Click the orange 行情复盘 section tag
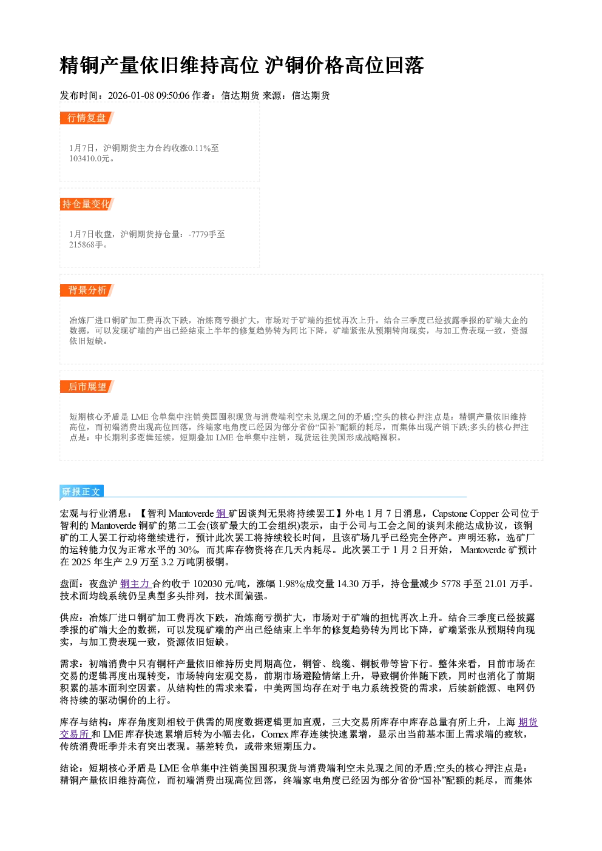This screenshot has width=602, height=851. tap(87, 118)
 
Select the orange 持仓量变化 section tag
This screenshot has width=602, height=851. tap(87, 204)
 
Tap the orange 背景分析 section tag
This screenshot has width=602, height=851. tap(87, 291)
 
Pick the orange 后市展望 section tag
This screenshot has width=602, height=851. tap(87, 387)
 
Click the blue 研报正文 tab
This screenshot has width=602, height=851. tap(81, 491)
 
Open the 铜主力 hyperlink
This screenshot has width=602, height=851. tap(135, 584)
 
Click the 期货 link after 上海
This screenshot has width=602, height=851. tap(528, 722)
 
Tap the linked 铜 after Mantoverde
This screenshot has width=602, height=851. tap(221, 514)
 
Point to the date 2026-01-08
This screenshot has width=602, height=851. tap(130, 95)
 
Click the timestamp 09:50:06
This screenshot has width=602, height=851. tap(173, 95)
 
